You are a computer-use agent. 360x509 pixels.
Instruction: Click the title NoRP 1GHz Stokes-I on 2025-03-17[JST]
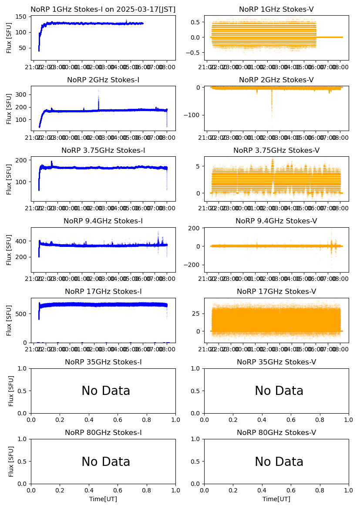click(x=103, y=9)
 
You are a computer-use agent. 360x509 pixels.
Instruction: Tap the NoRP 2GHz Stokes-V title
click(x=276, y=80)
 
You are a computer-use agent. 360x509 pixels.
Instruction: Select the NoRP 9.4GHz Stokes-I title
click(x=103, y=221)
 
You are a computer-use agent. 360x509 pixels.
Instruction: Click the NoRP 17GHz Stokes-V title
click(x=276, y=292)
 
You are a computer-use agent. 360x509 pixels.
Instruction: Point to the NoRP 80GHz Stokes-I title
click(x=103, y=433)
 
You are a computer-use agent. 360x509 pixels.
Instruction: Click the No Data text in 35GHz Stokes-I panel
click(x=106, y=391)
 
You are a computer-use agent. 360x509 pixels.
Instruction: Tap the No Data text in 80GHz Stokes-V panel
click(x=279, y=462)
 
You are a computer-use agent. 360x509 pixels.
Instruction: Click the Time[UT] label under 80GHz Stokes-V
click(x=276, y=499)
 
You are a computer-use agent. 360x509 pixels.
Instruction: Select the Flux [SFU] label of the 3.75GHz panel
click(x=9, y=179)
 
